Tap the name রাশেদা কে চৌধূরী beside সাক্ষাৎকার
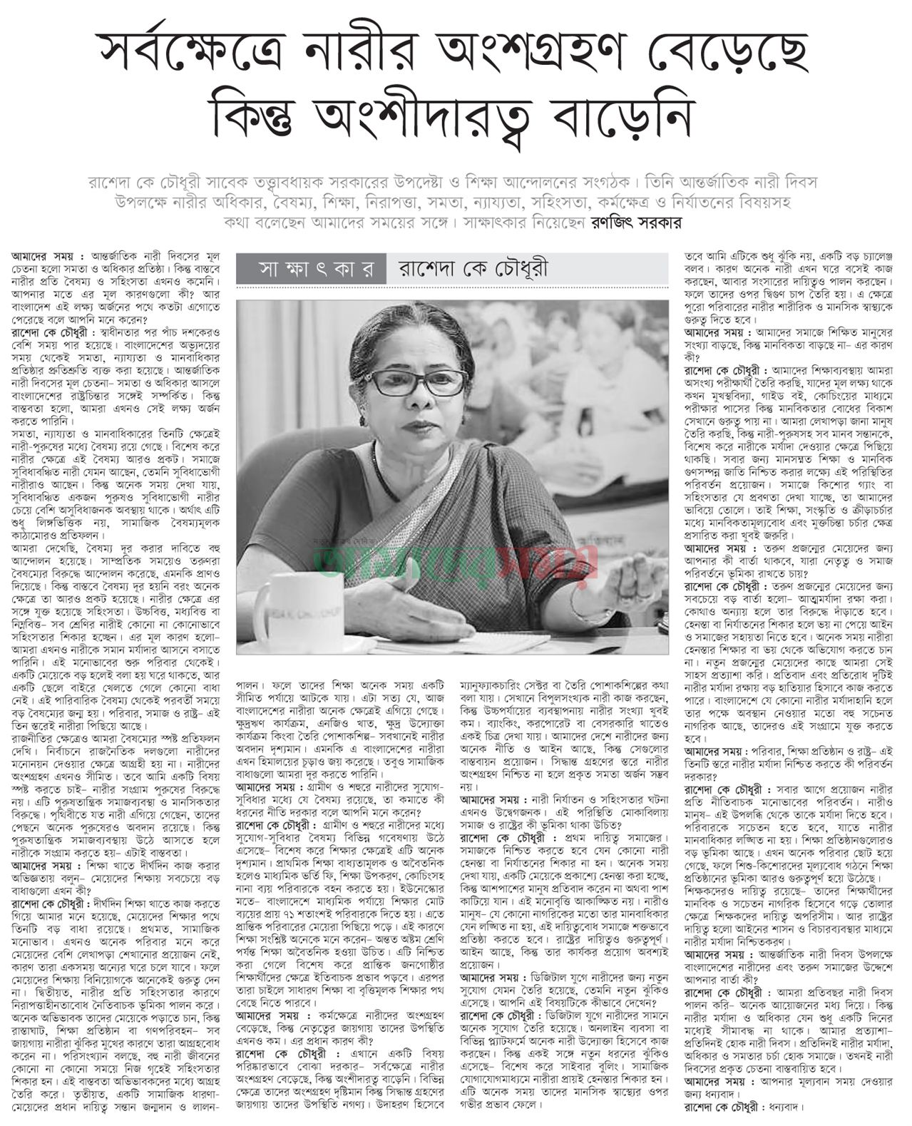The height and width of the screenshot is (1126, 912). pos(471,270)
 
